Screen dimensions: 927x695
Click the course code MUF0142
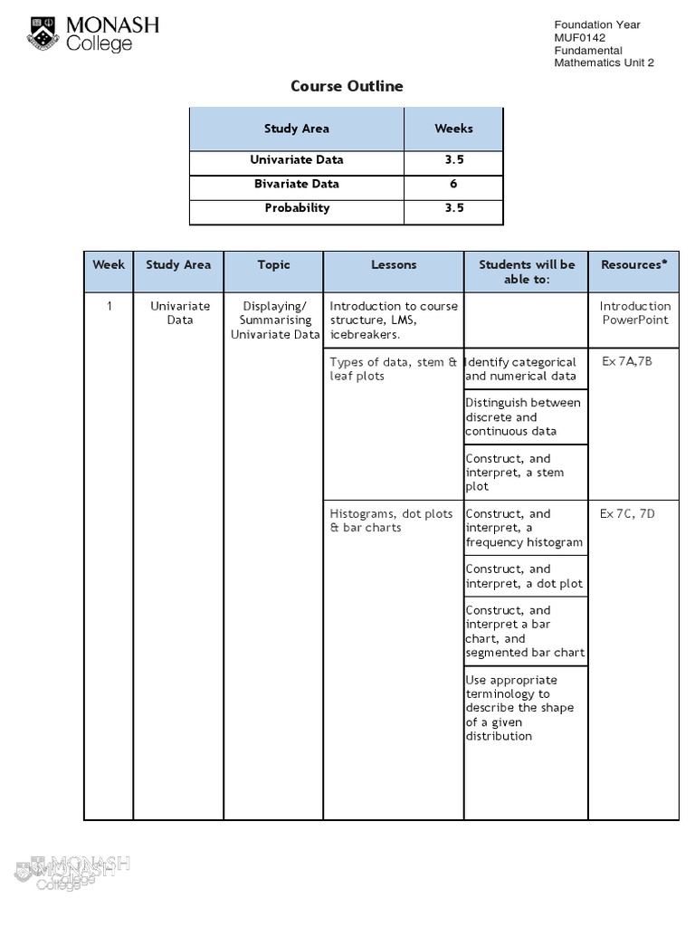pyautogui.click(x=580, y=38)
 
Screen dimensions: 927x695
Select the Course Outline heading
pyautogui.click(x=347, y=86)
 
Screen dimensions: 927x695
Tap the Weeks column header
pyautogui.click(x=453, y=129)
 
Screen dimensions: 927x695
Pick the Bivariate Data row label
pyautogui.click(x=297, y=184)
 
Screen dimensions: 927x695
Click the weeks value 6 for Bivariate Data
pyautogui.click(x=453, y=184)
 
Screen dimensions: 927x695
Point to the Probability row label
pyautogui.click(x=297, y=208)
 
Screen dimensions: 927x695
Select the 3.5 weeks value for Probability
pyautogui.click(x=453, y=208)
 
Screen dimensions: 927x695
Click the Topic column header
pyautogui.click(x=273, y=265)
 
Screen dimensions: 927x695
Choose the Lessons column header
pyautogui.click(x=394, y=265)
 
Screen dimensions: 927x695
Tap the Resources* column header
pyautogui.click(x=633, y=265)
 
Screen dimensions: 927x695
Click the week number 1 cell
pyautogui.click(x=109, y=306)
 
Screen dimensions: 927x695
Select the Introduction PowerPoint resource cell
pyautogui.click(x=634, y=313)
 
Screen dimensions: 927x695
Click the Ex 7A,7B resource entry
pyautogui.click(x=626, y=362)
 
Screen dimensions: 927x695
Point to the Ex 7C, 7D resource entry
pyautogui.click(x=627, y=514)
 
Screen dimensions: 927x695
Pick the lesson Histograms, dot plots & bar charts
pyautogui.click(x=391, y=521)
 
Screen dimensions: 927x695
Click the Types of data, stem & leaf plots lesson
pyautogui.click(x=394, y=369)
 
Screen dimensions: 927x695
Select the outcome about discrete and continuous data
pyautogui.click(x=523, y=417)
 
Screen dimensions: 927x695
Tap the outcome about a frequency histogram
pyautogui.click(x=525, y=528)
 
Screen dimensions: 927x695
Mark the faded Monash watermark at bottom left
pyautogui.click(x=72, y=872)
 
